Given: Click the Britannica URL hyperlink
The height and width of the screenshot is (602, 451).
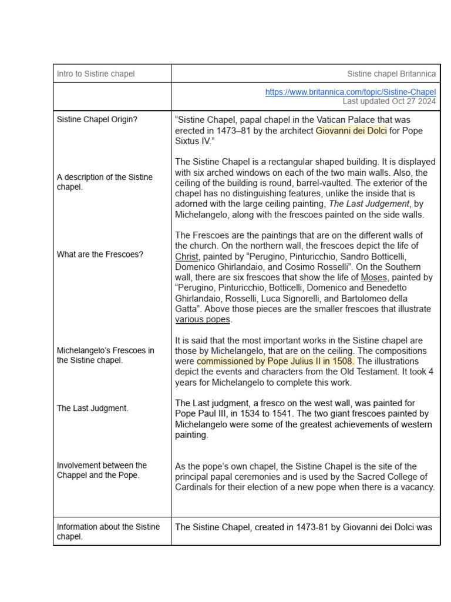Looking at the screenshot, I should point(350,92).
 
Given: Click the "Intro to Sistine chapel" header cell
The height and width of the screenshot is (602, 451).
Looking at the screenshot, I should point(96,73).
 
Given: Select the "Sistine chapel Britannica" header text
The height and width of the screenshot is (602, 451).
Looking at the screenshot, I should point(391,73).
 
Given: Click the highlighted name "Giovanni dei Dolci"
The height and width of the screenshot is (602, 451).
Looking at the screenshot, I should point(351,131).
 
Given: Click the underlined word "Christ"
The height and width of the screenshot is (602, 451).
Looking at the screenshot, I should point(187,256).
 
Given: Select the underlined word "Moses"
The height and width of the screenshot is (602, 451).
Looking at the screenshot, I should point(373,277).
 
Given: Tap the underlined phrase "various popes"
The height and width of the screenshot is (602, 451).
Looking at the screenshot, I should point(203,320).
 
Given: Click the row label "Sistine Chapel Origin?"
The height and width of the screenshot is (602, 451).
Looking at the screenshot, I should point(97,119).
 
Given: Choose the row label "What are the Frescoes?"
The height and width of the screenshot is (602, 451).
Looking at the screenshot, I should point(100,255).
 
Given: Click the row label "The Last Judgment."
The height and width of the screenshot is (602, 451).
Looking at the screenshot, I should point(92,408).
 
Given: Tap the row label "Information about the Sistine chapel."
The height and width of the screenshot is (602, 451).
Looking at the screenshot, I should point(108,531).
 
